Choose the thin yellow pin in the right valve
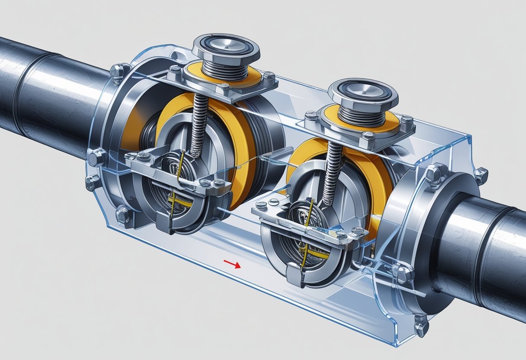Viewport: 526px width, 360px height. click(x=308, y=234)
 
